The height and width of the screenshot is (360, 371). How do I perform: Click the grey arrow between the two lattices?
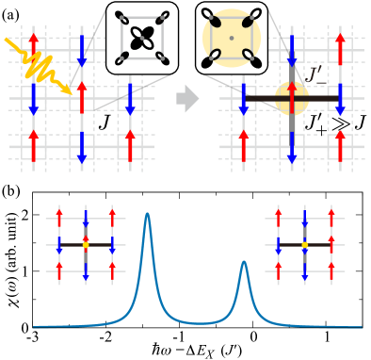[x=187, y=98]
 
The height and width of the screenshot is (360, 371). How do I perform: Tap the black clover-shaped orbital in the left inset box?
[x=141, y=39]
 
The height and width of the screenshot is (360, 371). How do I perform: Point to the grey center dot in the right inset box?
[x=231, y=38]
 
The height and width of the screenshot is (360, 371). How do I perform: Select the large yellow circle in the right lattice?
[x=292, y=98]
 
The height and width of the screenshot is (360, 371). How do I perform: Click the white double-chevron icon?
[x=339, y=123]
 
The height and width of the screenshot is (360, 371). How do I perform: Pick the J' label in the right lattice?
[x=315, y=74]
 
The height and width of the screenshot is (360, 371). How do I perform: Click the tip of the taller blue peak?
[x=147, y=215]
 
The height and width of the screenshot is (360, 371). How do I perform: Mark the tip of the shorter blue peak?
[x=244, y=263]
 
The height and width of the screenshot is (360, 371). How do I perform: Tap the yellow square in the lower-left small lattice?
[x=86, y=245]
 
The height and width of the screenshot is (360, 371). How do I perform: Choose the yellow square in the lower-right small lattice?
[x=304, y=245]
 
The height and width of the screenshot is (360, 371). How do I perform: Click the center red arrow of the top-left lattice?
[x=82, y=97]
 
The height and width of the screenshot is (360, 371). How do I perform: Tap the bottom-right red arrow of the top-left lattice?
[x=130, y=146]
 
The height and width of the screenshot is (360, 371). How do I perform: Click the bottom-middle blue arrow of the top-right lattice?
[x=292, y=146]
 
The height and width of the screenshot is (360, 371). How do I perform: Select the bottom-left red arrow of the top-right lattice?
[x=243, y=146]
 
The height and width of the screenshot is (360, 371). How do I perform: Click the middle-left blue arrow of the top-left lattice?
[x=34, y=97]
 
